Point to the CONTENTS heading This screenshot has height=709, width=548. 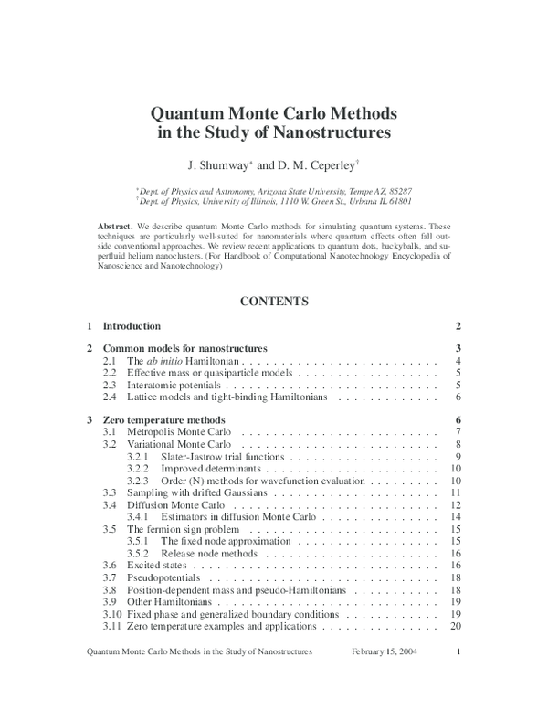click(x=274, y=300)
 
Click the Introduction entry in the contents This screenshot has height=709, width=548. click(x=132, y=326)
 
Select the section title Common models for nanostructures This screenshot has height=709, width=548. click(x=184, y=348)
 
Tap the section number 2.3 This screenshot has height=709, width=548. click(x=110, y=386)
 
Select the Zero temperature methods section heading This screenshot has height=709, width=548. click(x=163, y=419)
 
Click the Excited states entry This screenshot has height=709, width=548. click(x=156, y=566)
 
